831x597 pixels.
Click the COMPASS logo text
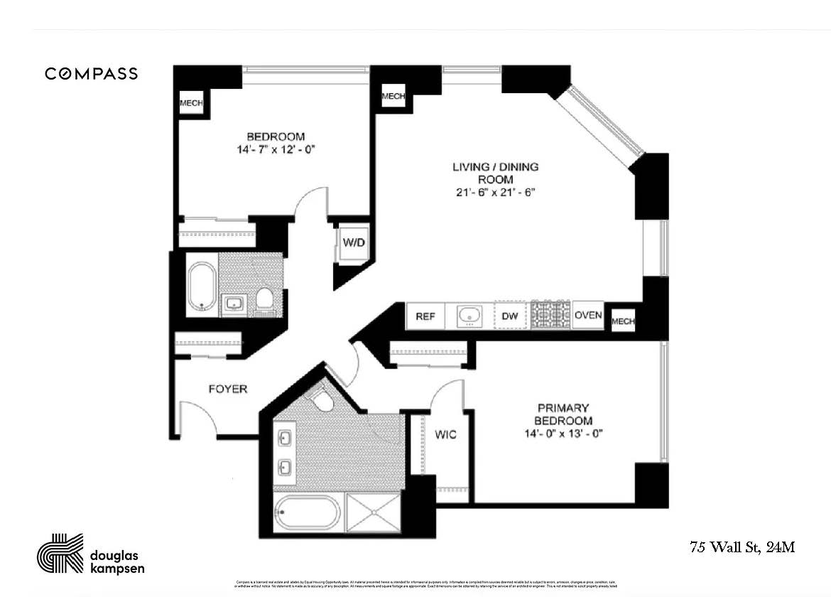92,73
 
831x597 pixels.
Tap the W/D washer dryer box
354,243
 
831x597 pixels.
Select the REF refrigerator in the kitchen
425,316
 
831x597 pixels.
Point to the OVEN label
588,316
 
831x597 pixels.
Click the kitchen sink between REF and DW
468,316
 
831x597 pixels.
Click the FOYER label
227,389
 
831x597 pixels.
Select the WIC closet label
446,434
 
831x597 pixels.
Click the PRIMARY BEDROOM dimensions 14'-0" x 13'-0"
563,434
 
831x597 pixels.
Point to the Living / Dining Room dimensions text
496,193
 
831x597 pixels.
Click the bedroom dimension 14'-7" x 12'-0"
276,150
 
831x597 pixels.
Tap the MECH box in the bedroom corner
190,103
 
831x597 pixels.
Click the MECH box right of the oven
623,321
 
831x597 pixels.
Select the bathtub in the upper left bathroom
202,287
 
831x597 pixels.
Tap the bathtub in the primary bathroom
308,512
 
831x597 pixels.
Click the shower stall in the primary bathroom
374,512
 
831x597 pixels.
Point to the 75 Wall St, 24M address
742,547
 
